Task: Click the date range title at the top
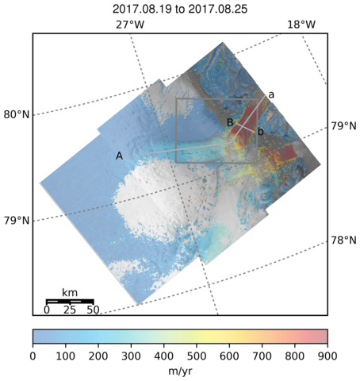coord(180,9)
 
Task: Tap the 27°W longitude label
coord(130,25)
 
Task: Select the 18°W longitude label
coord(301,25)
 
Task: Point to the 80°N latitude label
coord(17,115)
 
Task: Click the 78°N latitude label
coord(343,241)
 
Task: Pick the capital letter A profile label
coord(120,156)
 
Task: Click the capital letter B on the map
coord(230,122)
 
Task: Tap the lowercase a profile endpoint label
coord(271,94)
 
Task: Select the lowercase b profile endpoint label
coord(261,131)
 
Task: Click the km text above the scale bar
coord(70,293)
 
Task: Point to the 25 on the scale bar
coord(70,310)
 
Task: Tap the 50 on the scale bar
coord(93,310)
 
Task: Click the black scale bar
coord(70,302)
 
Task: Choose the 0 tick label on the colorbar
coord(33,356)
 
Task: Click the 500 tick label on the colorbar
coord(197,356)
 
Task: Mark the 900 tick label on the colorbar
coord(327,356)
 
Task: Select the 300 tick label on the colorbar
coord(131,356)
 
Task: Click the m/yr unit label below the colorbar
coord(180,371)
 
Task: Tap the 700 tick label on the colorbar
coord(262,356)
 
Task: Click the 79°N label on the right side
coord(343,126)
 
